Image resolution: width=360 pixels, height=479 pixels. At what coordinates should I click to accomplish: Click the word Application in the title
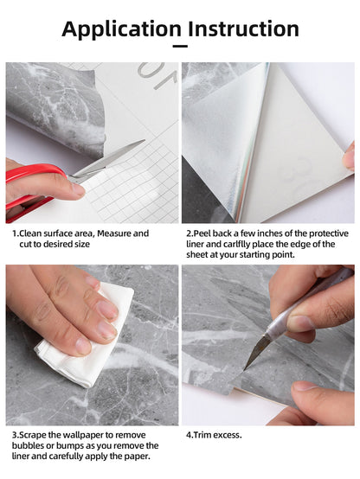[121, 30]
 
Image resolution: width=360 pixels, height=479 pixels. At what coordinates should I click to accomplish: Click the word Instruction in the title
[243, 29]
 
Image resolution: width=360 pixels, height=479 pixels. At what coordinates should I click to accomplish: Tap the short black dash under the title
[180, 46]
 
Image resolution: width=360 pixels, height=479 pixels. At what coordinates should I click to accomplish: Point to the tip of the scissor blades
[145, 140]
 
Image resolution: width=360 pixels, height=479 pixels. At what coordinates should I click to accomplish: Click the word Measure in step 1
[115, 233]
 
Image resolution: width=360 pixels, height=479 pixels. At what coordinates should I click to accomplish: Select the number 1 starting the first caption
[14, 233]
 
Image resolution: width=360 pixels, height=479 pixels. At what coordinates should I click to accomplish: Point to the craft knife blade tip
[244, 370]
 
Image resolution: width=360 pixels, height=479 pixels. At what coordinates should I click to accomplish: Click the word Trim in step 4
[202, 435]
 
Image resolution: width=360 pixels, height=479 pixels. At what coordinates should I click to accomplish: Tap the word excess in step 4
[227, 436]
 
